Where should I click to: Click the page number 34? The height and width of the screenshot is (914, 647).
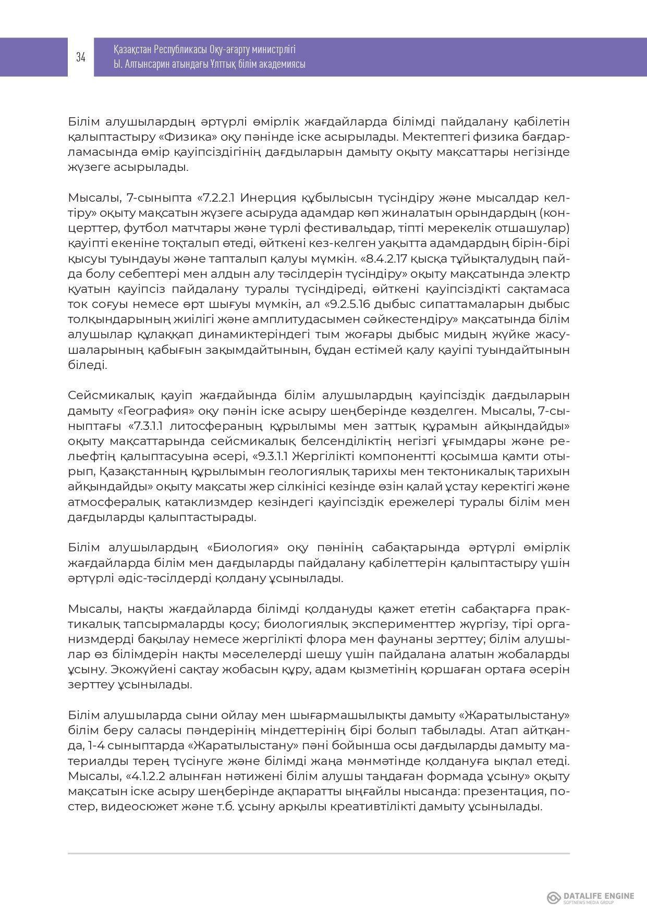[x=81, y=57]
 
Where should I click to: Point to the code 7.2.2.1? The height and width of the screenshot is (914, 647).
[x=220, y=198]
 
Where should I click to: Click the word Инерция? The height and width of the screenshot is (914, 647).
[x=266, y=198]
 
